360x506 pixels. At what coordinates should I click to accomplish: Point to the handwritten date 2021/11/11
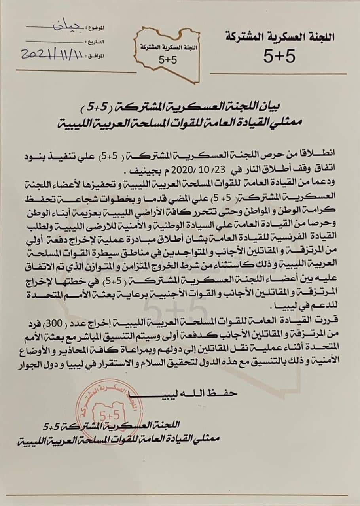52,54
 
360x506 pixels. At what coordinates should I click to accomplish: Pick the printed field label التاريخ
95,41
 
